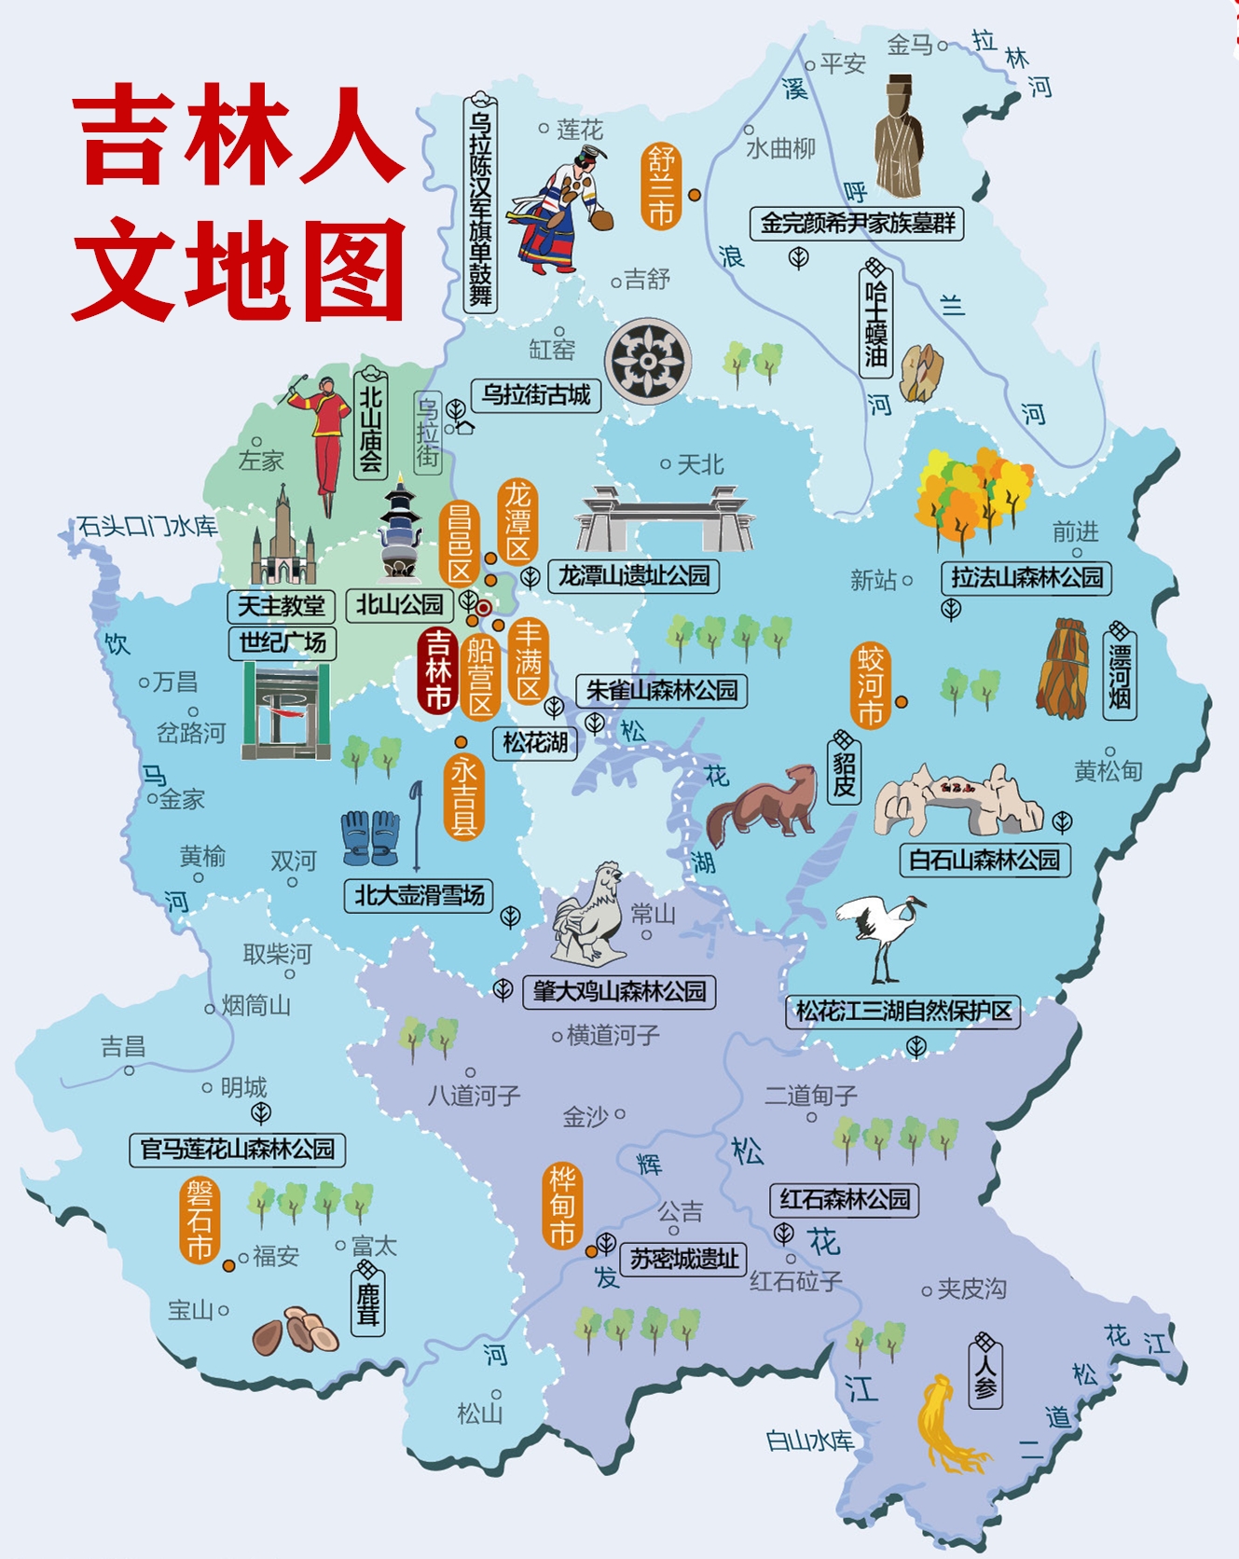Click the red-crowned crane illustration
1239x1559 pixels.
881,937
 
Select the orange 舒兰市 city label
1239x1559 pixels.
660,186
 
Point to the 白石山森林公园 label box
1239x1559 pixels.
984,860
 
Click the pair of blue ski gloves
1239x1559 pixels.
371,836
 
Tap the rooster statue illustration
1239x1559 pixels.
589,915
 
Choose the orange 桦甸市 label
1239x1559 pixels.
562,1207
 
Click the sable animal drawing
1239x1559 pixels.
762,804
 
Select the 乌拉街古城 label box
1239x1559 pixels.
536,395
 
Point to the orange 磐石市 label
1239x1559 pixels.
200,1219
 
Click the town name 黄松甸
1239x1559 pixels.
1108,771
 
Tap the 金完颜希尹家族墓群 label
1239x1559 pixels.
857,224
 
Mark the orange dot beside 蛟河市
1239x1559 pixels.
902,701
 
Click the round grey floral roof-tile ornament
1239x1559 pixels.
648,361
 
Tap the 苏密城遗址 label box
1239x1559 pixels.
684,1260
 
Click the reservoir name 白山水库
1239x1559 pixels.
809,1442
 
